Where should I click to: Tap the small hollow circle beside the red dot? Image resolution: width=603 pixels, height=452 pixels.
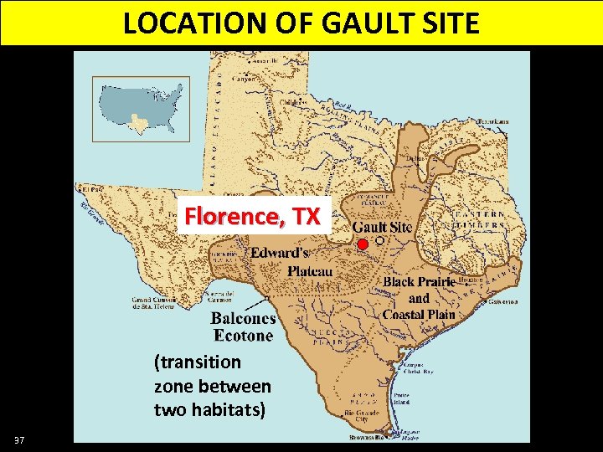(379, 240)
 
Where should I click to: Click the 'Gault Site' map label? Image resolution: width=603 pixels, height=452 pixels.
(382, 227)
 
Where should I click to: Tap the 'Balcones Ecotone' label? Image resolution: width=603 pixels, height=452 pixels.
(243, 327)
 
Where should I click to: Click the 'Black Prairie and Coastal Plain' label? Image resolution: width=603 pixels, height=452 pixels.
(419, 298)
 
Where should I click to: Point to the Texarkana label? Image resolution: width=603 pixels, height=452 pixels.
(492, 121)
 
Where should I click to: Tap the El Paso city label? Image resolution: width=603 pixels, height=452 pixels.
(89, 189)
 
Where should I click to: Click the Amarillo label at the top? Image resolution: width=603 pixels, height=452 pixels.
(265, 61)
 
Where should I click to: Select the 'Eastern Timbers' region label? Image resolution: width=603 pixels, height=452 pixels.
(480, 219)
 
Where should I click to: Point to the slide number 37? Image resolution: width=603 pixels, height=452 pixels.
(19, 440)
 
